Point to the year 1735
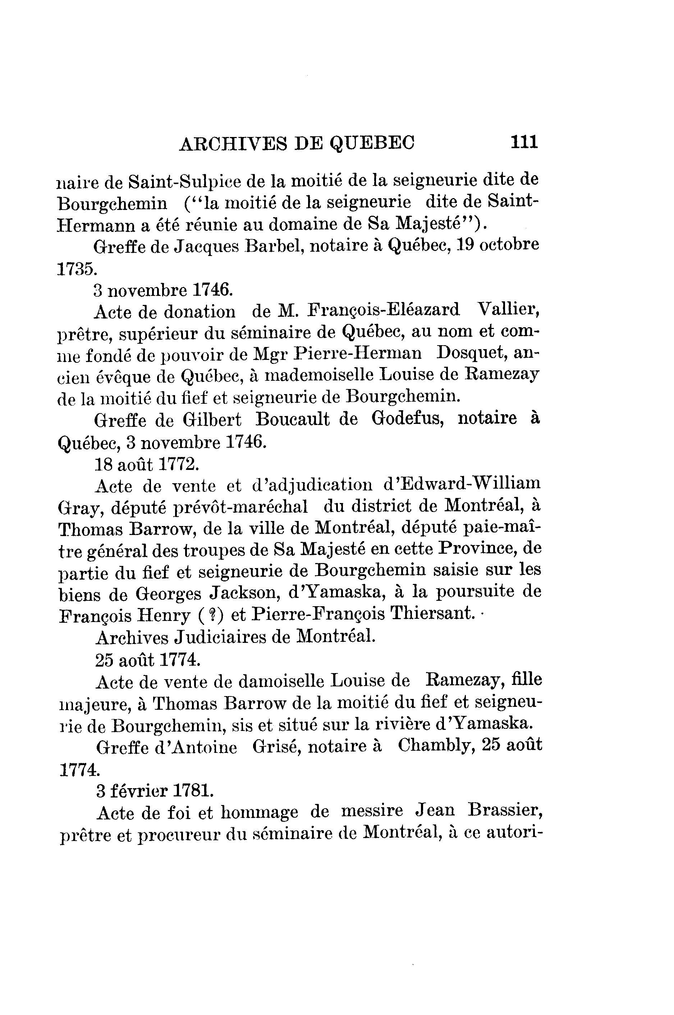coord(77,269)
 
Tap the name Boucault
coord(292,419)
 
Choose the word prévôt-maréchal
coord(241,507)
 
